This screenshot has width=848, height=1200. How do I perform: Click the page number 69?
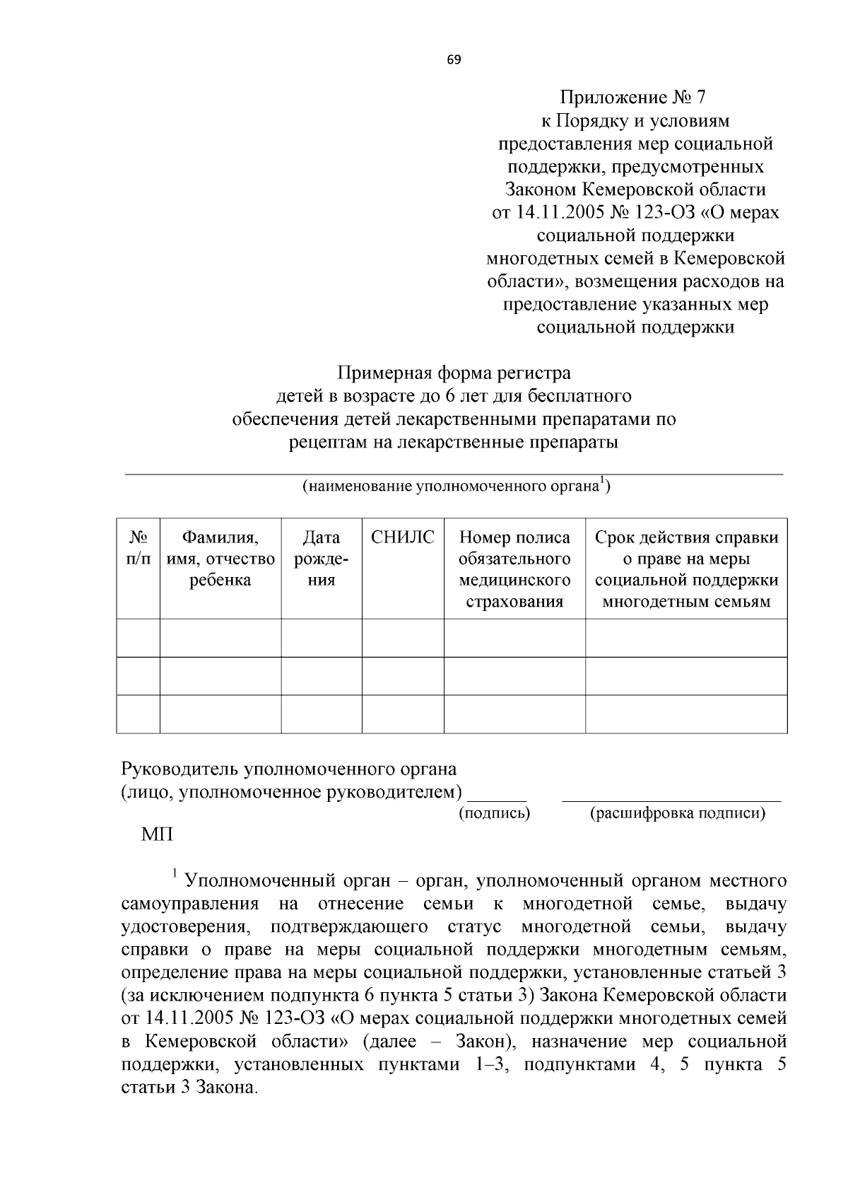click(x=454, y=60)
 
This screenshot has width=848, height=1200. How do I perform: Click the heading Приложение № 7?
click(x=633, y=98)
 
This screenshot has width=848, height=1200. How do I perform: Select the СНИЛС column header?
click(x=403, y=538)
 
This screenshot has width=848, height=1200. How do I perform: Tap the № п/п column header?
click(x=138, y=548)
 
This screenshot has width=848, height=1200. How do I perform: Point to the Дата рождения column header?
click(x=322, y=559)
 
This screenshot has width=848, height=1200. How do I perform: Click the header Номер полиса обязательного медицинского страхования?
click(x=514, y=569)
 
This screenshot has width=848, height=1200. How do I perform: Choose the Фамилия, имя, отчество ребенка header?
click(x=220, y=559)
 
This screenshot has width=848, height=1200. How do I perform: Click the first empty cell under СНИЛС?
click(x=403, y=638)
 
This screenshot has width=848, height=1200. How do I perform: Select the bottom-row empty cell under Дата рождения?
click(x=322, y=713)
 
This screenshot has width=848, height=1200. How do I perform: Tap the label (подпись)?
click(x=495, y=813)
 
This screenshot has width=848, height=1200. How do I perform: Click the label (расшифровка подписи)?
click(x=678, y=813)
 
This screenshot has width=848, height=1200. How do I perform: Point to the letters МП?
click(x=157, y=835)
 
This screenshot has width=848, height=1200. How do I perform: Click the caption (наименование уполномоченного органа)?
click(x=456, y=487)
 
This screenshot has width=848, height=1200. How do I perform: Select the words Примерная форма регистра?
click(x=454, y=372)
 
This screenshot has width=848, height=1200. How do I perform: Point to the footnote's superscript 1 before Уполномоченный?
click(x=175, y=875)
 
